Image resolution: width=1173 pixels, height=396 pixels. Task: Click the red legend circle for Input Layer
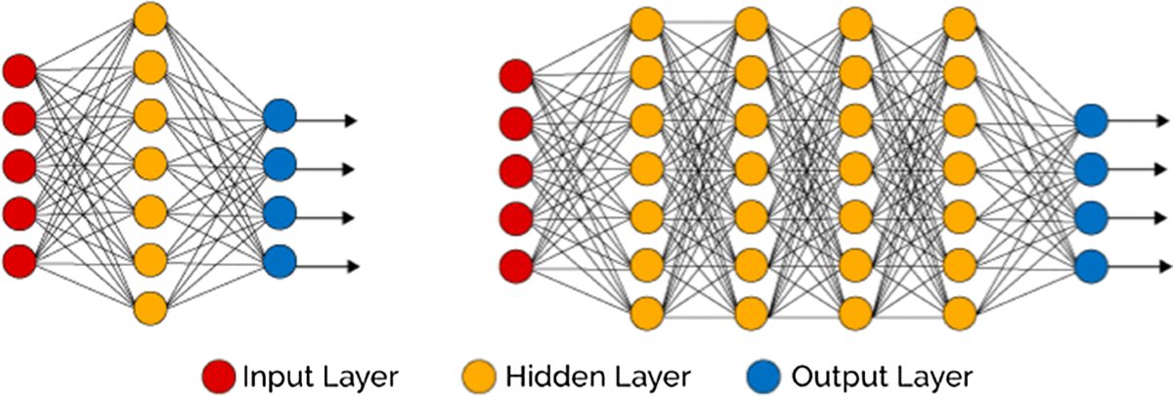tap(220, 375)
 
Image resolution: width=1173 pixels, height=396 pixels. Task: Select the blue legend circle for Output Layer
tap(761, 375)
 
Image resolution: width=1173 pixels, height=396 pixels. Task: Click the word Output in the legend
tap(823, 375)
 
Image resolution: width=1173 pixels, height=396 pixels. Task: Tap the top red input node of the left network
tap(19, 71)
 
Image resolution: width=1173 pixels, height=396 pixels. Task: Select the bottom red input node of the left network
tap(19, 261)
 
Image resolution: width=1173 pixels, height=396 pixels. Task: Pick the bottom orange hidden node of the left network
tap(151, 307)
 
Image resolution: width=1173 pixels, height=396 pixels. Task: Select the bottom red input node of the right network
tap(515, 264)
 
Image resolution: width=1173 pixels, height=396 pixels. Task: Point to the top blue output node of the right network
tap(1090, 122)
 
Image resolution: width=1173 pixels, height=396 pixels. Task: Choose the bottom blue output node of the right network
tap(1090, 265)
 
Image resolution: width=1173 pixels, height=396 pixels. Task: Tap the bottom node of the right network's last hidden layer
tap(961, 312)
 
